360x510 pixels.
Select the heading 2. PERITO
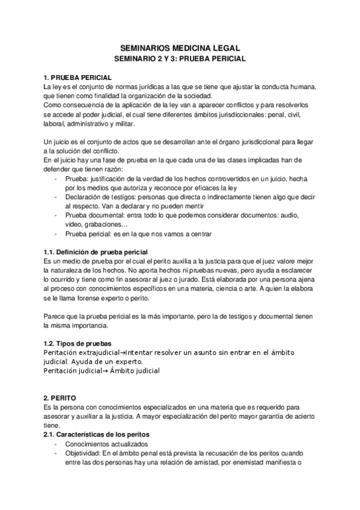[x=59, y=398]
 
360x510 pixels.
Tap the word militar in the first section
[x=124, y=124]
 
